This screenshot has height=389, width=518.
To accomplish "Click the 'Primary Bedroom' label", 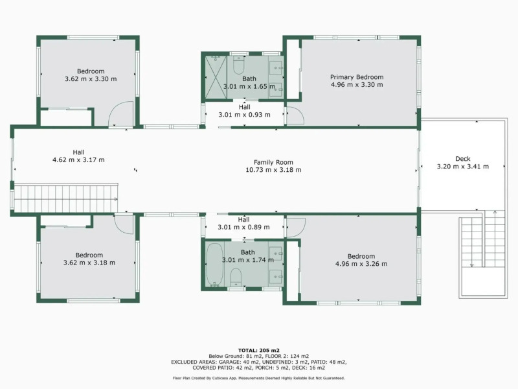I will pyautogui.click(x=357, y=77).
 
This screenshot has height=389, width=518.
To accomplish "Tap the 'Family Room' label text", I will pyautogui.click(x=273, y=162).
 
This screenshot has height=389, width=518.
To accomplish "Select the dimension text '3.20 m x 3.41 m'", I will pyautogui.click(x=463, y=167).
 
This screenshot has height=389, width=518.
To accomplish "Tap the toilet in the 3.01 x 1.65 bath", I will pyautogui.click(x=238, y=66).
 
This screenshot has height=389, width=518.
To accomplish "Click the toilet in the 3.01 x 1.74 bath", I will pyautogui.click(x=236, y=277).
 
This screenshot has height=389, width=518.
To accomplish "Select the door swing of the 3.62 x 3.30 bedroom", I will pyautogui.click(x=120, y=115).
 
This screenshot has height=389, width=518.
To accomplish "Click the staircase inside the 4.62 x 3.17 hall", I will pyautogui.click(x=65, y=197).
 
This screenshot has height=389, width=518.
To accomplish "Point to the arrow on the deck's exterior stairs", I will pyautogui.click(x=472, y=264).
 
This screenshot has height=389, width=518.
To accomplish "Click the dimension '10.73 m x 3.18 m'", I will pyautogui.click(x=273, y=170).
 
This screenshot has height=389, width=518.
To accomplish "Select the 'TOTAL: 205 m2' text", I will pyautogui.click(x=258, y=349).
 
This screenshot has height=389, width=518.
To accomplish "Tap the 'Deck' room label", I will pyautogui.click(x=463, y=159).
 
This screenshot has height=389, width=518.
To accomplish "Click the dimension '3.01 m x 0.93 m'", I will pyautogui.click(x=244, y=115).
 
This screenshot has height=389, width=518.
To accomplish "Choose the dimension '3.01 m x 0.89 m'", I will pyautogui.click(x=244, y=227).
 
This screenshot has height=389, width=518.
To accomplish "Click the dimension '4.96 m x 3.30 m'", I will pyautogui.click(x=357, y=84).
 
